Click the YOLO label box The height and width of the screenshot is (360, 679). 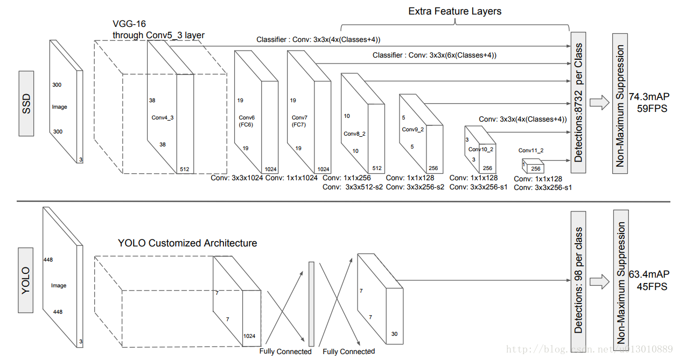26,280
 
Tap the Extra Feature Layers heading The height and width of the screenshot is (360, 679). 455,11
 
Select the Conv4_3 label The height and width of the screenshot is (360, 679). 162,117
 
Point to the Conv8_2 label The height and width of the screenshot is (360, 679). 355,133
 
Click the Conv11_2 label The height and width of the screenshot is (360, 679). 531,151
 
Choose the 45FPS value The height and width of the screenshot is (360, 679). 653,287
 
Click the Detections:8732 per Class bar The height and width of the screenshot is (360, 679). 578,102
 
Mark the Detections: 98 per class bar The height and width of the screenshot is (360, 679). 578,280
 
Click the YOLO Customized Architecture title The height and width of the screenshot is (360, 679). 187,243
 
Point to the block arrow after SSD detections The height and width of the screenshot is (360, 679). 598,103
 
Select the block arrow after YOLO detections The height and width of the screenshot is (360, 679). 598,280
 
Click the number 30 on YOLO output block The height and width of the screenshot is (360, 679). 395,334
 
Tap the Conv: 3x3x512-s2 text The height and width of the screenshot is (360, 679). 353,187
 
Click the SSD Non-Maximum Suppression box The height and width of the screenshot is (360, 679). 620,103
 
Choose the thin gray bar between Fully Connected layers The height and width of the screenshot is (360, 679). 311,304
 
